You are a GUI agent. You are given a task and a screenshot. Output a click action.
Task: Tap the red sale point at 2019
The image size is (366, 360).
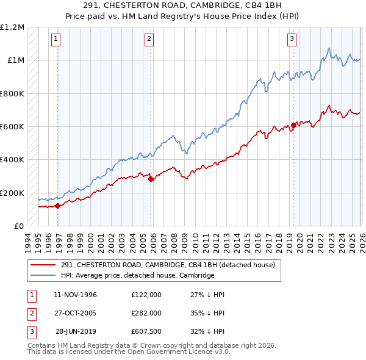point(293,125)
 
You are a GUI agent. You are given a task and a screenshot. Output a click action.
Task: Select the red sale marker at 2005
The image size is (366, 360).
point(151,179)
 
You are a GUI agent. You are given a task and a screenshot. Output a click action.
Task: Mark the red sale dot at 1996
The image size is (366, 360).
point(58,206)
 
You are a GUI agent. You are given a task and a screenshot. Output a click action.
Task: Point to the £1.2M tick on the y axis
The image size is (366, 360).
point(12,27)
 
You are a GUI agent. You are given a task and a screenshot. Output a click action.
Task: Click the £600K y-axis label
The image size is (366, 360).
point(12,127)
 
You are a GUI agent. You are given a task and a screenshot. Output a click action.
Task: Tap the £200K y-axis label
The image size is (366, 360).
point(12,193)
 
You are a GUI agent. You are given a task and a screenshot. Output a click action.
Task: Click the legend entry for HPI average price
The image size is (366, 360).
point(137,275)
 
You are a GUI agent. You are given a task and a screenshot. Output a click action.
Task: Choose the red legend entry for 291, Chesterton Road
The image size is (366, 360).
point(168,265)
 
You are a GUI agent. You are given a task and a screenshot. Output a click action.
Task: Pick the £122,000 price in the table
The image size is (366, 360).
point(146,295)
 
